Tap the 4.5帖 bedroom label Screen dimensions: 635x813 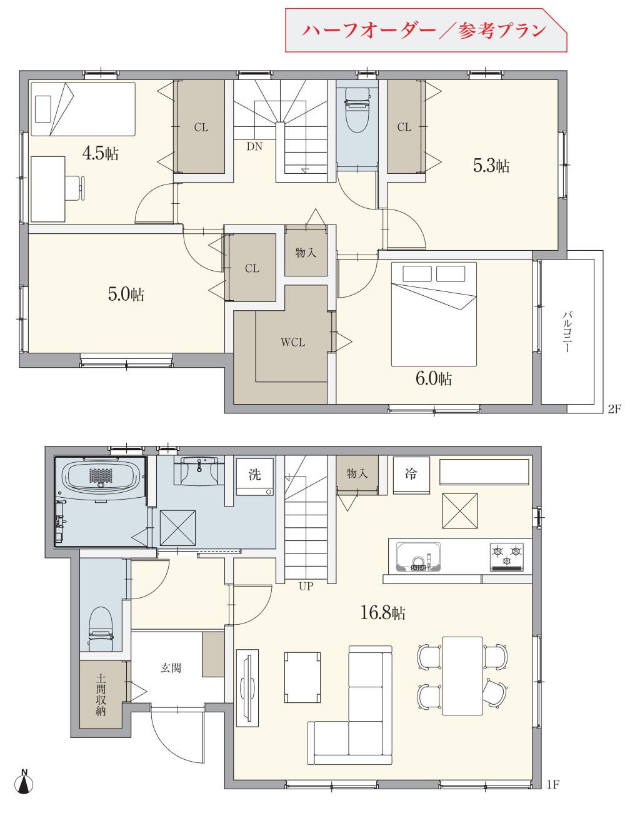pos(100,153)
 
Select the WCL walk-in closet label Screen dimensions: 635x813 pos(292,342)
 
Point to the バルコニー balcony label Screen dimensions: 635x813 pos(567,331)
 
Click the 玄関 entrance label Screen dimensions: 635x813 pos(171,668)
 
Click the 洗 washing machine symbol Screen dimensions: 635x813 pos(254,477)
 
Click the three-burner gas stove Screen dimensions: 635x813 pos(506,557)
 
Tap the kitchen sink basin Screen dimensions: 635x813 pos(418,557)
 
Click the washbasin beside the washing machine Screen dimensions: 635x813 pos(199,471)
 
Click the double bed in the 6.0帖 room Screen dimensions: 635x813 pos(434,315)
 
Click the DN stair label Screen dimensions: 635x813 pos(254,147)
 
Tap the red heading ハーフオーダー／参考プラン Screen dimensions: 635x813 pos(424,30)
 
